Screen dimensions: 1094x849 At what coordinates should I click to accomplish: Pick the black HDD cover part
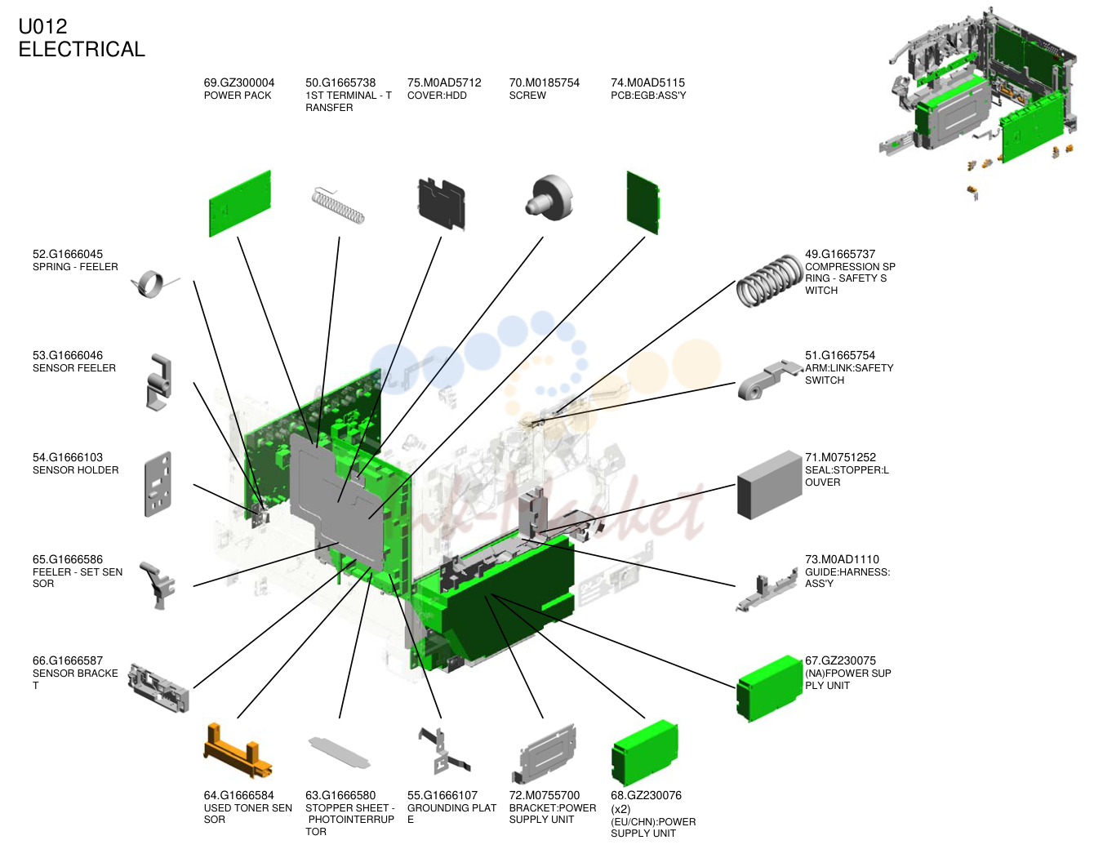(442, 203)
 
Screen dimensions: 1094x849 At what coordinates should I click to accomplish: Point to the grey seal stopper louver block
(769, 485)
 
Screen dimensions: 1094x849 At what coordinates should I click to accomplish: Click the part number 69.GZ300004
(239, 82)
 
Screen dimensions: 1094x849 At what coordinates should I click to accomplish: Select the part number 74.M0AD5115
(647, 82)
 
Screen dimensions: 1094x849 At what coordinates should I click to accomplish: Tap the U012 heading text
(42, 26)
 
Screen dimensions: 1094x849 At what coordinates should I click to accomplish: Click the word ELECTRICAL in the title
(82, 49)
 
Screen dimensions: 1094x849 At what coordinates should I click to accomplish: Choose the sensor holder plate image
(158, 483)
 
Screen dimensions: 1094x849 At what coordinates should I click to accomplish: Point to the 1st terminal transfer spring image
(337, 206)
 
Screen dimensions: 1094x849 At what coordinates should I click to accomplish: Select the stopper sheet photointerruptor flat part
(340, 753)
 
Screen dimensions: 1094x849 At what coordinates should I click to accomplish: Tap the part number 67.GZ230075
(840, 660)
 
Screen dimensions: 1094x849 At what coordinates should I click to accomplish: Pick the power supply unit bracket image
(545, 753)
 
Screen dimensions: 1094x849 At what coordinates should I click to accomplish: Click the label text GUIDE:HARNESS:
(847, 571)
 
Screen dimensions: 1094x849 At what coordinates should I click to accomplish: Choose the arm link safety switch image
(769, 380)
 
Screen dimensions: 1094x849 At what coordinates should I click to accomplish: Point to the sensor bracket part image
(158, 687)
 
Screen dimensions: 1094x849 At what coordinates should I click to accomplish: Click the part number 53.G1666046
(68, 355)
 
